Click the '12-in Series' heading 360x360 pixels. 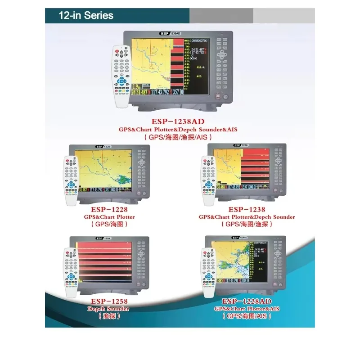tap(85, 15)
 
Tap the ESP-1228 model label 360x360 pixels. tap(109, 209)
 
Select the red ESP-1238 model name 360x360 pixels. tap(247, 209)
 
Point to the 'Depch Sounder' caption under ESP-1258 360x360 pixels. tap(109, 309)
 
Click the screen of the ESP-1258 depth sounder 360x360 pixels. tap(105, 263)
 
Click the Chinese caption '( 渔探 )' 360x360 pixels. tap(109, 316)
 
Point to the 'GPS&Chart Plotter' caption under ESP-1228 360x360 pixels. tap(109, 217)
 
